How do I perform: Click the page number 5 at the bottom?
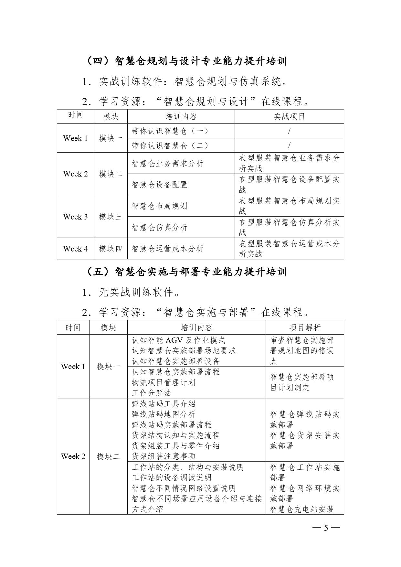coord(326,528)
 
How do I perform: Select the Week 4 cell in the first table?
coord(75,249)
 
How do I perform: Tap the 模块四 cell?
coord(111,249)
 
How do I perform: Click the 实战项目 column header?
coord(289,116)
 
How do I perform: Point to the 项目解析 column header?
coord(305,327)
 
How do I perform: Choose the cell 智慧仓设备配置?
coord(160,185)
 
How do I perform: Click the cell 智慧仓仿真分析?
coord(160,227)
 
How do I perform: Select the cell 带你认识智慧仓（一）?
coord(170,131)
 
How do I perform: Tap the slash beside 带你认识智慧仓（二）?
coord(289,145)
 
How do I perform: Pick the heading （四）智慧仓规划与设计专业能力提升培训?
coord(187,61)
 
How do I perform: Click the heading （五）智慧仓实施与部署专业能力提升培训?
coord(187,272)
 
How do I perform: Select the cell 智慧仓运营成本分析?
coord(168,249)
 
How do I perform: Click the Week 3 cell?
coord(75,217)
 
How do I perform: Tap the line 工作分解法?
coord(151,393)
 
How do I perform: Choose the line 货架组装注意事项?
coord(164,456)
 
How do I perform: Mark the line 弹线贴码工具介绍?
coord(164,404)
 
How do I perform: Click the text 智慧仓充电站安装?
coord(302,509)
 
